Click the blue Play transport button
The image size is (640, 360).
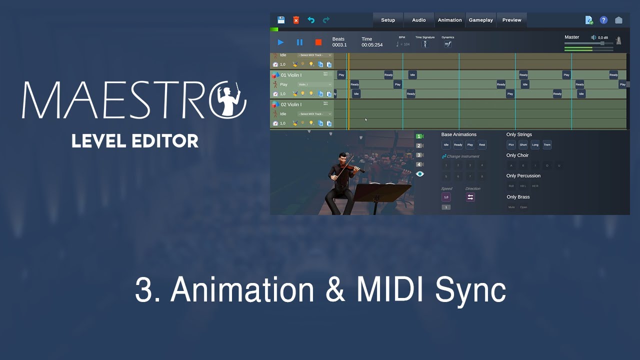coord(281,42)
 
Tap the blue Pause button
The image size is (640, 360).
coord(299,42)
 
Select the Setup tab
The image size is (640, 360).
coord(388,20)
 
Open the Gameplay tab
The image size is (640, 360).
coord(480,20)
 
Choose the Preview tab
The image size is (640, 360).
coord(511,20)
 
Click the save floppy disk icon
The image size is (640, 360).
coord(281,20)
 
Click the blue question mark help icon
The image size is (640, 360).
coord(603,20)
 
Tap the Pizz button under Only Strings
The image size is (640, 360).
coord(511,145)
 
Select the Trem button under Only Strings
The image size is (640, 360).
coord(547,145)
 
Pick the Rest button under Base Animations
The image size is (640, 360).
coord(482,145)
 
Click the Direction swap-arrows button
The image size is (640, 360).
coord(470,197)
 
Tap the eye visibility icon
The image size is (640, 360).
coord(419,174)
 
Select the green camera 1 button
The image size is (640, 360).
coord(419,136)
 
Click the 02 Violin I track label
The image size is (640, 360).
coord(291,104)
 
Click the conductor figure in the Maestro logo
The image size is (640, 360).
coord(229,99)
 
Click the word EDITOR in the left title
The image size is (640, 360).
coord(168,141)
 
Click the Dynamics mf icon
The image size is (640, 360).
coord(447,44)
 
